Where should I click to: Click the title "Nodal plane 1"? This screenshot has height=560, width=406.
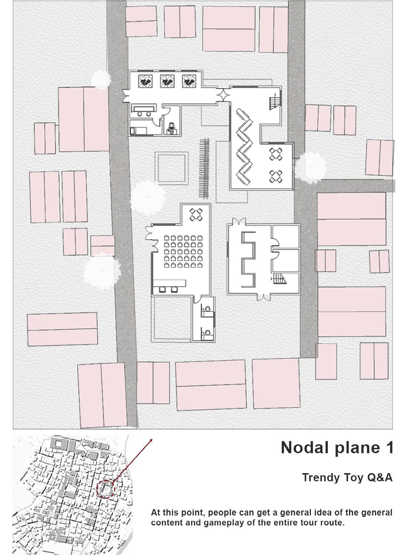(x=337, y=448)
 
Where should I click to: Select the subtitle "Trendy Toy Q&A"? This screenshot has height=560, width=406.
(x=347, y=477)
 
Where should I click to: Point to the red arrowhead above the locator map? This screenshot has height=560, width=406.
(x=151, y=440)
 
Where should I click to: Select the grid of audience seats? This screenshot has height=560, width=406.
(x=180, y=251)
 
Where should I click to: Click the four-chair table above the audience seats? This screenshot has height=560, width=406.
(x=196, y=214)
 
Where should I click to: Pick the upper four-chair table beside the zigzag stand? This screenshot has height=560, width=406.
(x=276, y=154)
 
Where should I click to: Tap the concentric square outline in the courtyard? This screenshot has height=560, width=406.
(x=171, y=168)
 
